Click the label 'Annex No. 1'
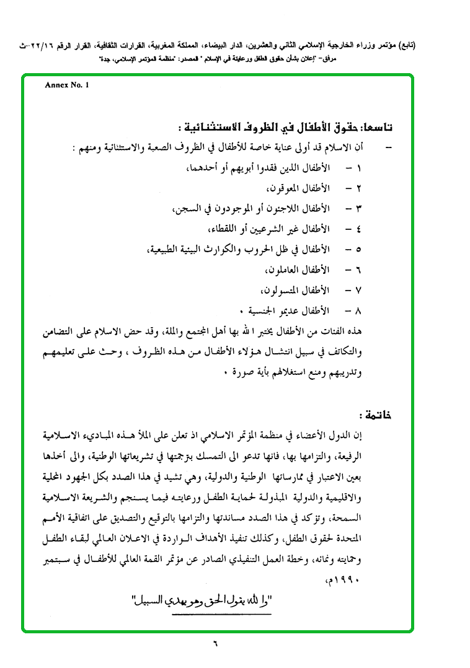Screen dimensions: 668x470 click(x=67, y=86)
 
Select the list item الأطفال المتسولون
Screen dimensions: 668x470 click(x=295, y=290)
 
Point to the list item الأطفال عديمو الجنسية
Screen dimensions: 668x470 click(x=285, y=309)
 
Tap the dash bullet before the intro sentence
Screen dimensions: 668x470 click(x=389, y=148)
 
